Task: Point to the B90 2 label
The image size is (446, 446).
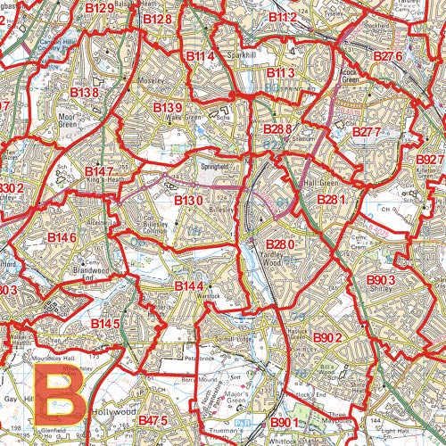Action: pyautogui.click(x=327, y=338)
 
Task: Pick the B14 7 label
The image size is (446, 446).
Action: pyautogui.click(x=100, y=171)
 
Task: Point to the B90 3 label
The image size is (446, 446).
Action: pyautogui.click(x=386, y=281)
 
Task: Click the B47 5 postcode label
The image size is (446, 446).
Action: pyautogui.click(x=153, y=419)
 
